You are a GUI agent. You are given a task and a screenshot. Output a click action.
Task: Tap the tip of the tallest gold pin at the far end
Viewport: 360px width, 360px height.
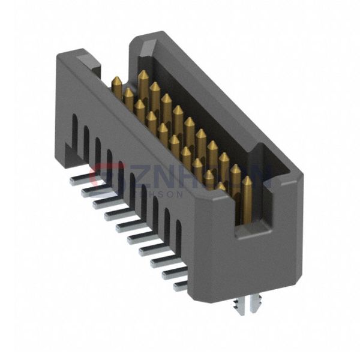point(143,76)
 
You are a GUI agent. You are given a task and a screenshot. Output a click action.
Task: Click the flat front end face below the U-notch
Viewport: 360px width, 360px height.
point(252,264)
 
